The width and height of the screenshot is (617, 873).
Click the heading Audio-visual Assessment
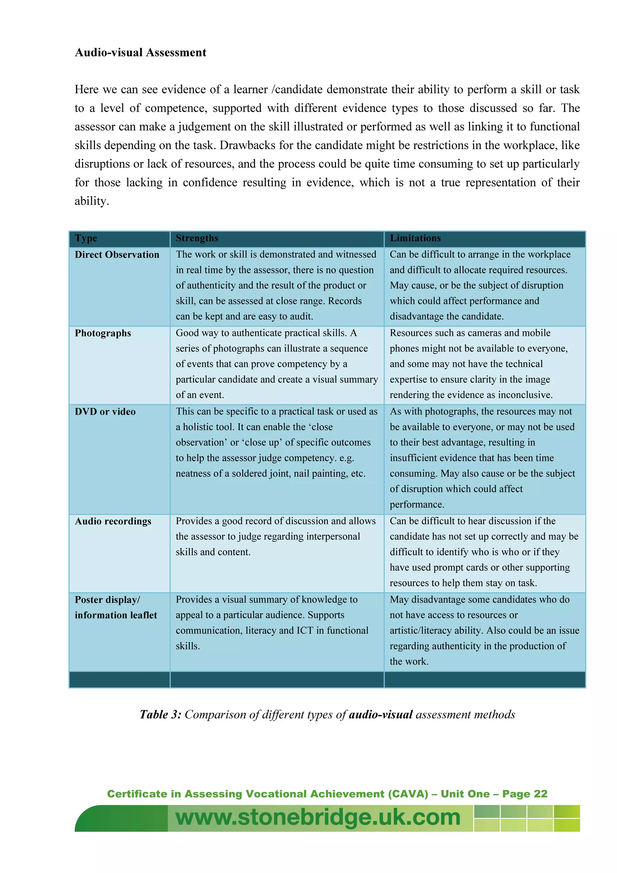pos(140,52)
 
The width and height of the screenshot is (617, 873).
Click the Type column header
pos(86,238)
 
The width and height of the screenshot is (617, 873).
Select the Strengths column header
pos(197,238)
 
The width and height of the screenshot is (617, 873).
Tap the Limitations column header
pos(415,238)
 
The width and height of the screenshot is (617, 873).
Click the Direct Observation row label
pos(117,255)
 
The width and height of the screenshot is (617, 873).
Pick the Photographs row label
pos(103,333)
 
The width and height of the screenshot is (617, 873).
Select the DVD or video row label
pos(105,412)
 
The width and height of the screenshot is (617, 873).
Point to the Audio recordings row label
pos(113,521)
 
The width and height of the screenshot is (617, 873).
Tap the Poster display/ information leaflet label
pos(116,607)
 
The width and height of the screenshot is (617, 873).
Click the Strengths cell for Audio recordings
pos(276,537)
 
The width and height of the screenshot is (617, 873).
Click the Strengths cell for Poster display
pos(272,622)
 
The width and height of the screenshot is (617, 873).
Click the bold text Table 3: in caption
pos(161,715)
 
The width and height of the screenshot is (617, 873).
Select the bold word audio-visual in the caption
pos(381,715)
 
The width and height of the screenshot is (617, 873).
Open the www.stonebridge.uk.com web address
pos(318,818)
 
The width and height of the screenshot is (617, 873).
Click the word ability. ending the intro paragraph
pos(92,201)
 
